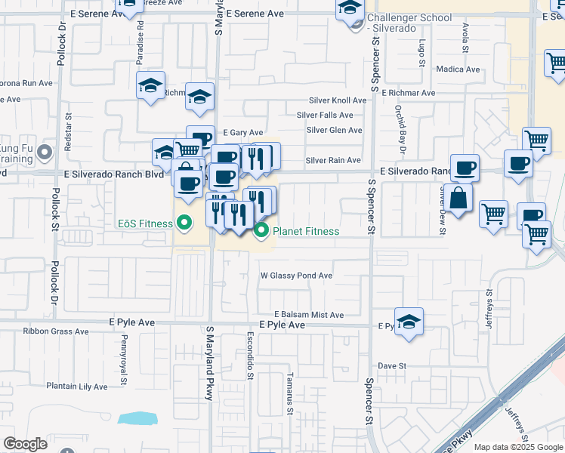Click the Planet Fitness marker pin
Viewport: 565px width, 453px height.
(262, 231)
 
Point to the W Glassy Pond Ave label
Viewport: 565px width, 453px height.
(296, 276)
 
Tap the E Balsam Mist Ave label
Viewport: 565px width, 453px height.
(309, 314)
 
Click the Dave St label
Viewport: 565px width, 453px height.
(392, 365)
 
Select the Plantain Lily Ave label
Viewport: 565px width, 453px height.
(77, 387)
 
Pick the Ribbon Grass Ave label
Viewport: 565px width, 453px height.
(57, 331)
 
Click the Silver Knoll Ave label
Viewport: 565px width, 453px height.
(337, 100)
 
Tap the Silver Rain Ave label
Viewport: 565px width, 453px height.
(333, 160)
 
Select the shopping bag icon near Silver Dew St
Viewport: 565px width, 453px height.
(458, 199)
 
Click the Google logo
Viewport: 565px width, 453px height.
(25, 444)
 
